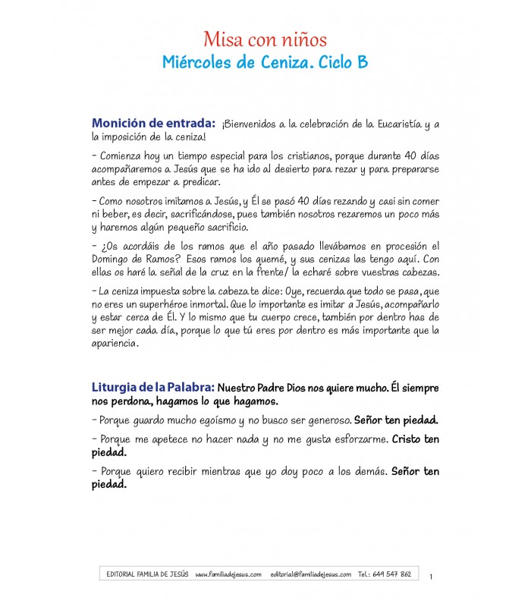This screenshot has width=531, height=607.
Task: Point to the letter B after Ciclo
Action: click(362, 63)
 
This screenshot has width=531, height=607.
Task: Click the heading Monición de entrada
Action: click(152, 124)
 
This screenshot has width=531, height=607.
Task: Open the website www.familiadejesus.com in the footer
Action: click(228, 574)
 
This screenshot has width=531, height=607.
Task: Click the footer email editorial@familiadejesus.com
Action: click(310, 574)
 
